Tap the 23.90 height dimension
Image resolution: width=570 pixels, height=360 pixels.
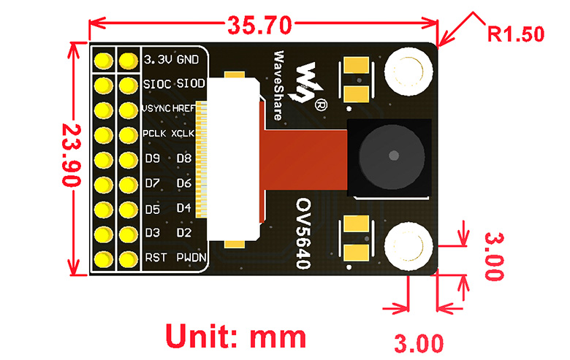tap(69, 156)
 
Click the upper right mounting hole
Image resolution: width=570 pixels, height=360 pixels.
tap(408, 72)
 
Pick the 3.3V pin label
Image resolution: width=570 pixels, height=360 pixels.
tap(159, 58)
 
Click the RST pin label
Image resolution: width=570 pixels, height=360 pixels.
tap(155, 258)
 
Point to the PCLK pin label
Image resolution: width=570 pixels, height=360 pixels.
tap(155, 134)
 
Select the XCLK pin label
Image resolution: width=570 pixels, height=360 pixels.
tap(186, 134)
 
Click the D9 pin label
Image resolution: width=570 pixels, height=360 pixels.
tap(152, 158)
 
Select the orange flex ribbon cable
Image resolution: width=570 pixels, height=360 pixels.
tap(304, 158)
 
